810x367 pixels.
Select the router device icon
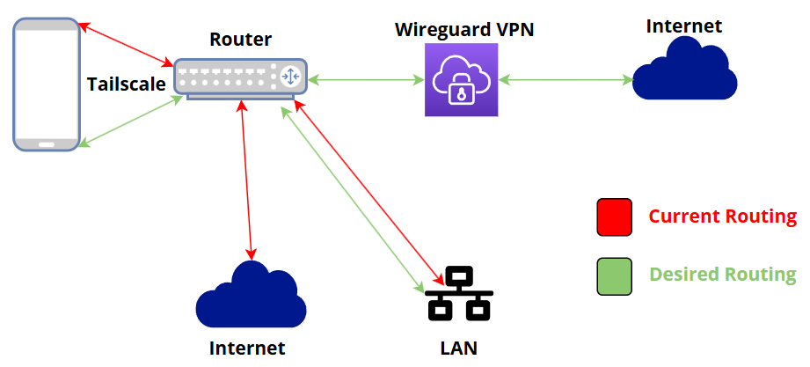tap(239, 77)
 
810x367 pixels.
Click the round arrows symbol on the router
tap(289, 77)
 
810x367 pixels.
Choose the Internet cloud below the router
tap(251, 296)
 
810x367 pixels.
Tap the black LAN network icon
tap(459, 295)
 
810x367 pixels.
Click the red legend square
tap(614, 217)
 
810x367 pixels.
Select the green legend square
tap(614, 275)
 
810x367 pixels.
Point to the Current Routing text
tap(722, 217)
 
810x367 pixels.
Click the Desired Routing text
tap(722, 275)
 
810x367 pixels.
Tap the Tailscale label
tap(127, 84)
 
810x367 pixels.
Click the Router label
tap(240, 40)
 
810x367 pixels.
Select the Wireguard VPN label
tap(464, 30)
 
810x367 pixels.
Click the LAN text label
tap(458, 348)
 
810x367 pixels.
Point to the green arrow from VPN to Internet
tap(566, 81)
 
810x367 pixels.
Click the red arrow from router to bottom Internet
tap(246, 176)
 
